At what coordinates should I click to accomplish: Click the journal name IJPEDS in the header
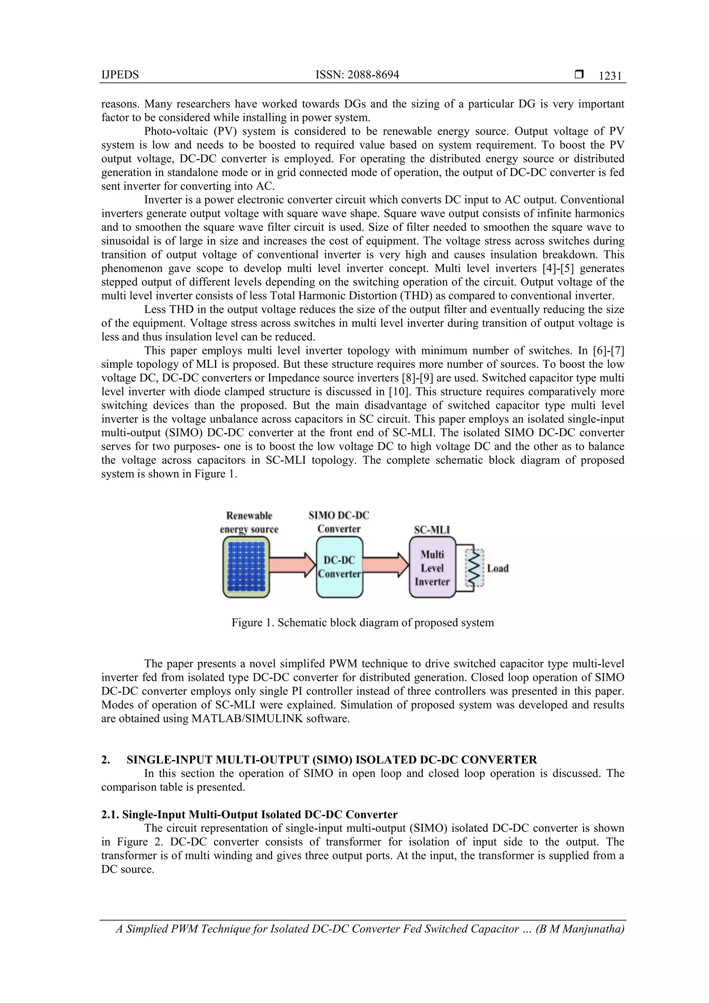coord(120,75)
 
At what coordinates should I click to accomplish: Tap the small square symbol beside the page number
coord(579,75)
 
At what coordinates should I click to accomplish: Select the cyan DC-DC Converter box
coord(339,567)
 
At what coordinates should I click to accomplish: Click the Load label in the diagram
coord(498,568)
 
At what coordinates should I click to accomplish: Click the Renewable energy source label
coord(249,522)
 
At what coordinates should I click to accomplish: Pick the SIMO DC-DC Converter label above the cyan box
coord(339,522)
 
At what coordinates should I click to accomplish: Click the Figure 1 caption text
coord(362,623)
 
